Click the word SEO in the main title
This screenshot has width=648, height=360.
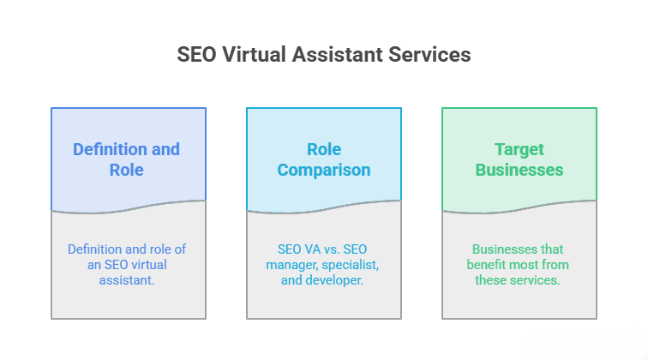(196, 55)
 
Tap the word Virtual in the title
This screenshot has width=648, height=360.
(254, 55)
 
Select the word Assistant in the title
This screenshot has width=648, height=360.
(337, 55)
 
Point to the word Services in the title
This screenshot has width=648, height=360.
(429, 55)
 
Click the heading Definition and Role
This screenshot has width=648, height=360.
(127, 159)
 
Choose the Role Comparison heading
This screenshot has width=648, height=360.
(324, 159)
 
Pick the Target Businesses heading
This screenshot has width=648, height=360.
(519, 159)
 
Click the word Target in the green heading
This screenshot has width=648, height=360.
(519, 150)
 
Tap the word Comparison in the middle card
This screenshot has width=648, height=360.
(324, 170)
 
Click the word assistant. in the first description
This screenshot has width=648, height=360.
(127, 279)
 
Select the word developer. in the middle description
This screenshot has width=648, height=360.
(334, 280)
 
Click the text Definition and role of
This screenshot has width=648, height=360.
(127, 249)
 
